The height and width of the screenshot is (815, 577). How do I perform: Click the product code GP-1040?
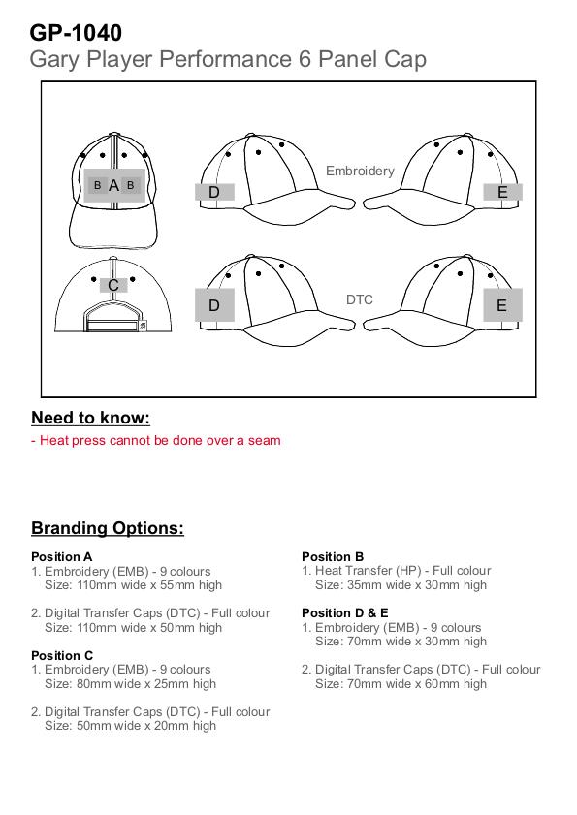(x=76, y=33)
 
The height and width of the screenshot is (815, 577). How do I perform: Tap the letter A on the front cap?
(x=113, y=185)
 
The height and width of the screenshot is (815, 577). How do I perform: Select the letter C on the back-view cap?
(x=113, y=285)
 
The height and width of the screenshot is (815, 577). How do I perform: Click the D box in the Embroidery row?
(x=214, y=192)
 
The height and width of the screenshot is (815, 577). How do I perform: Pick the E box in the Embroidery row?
(x=502, y=192)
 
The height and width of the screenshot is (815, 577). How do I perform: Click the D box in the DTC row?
(x=214, y=305)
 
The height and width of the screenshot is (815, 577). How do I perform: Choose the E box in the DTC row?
(x=502, y=305)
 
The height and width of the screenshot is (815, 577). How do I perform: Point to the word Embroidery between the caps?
(x=360, y=171)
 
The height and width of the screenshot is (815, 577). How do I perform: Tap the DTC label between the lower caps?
(x=360, y=299)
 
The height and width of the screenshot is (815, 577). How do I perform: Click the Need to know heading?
(x=90, y=418)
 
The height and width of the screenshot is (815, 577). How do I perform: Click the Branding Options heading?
(x=108, y=528)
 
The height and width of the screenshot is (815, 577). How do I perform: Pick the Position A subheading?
(x=61, y=556)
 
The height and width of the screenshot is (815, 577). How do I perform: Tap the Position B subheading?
(x=333, y=556)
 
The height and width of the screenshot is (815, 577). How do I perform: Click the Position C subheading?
(x=62, y=655)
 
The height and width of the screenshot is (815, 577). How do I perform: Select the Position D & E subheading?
(x=345, y=612)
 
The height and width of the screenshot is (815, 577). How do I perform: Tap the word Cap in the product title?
(x=405, y=60)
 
